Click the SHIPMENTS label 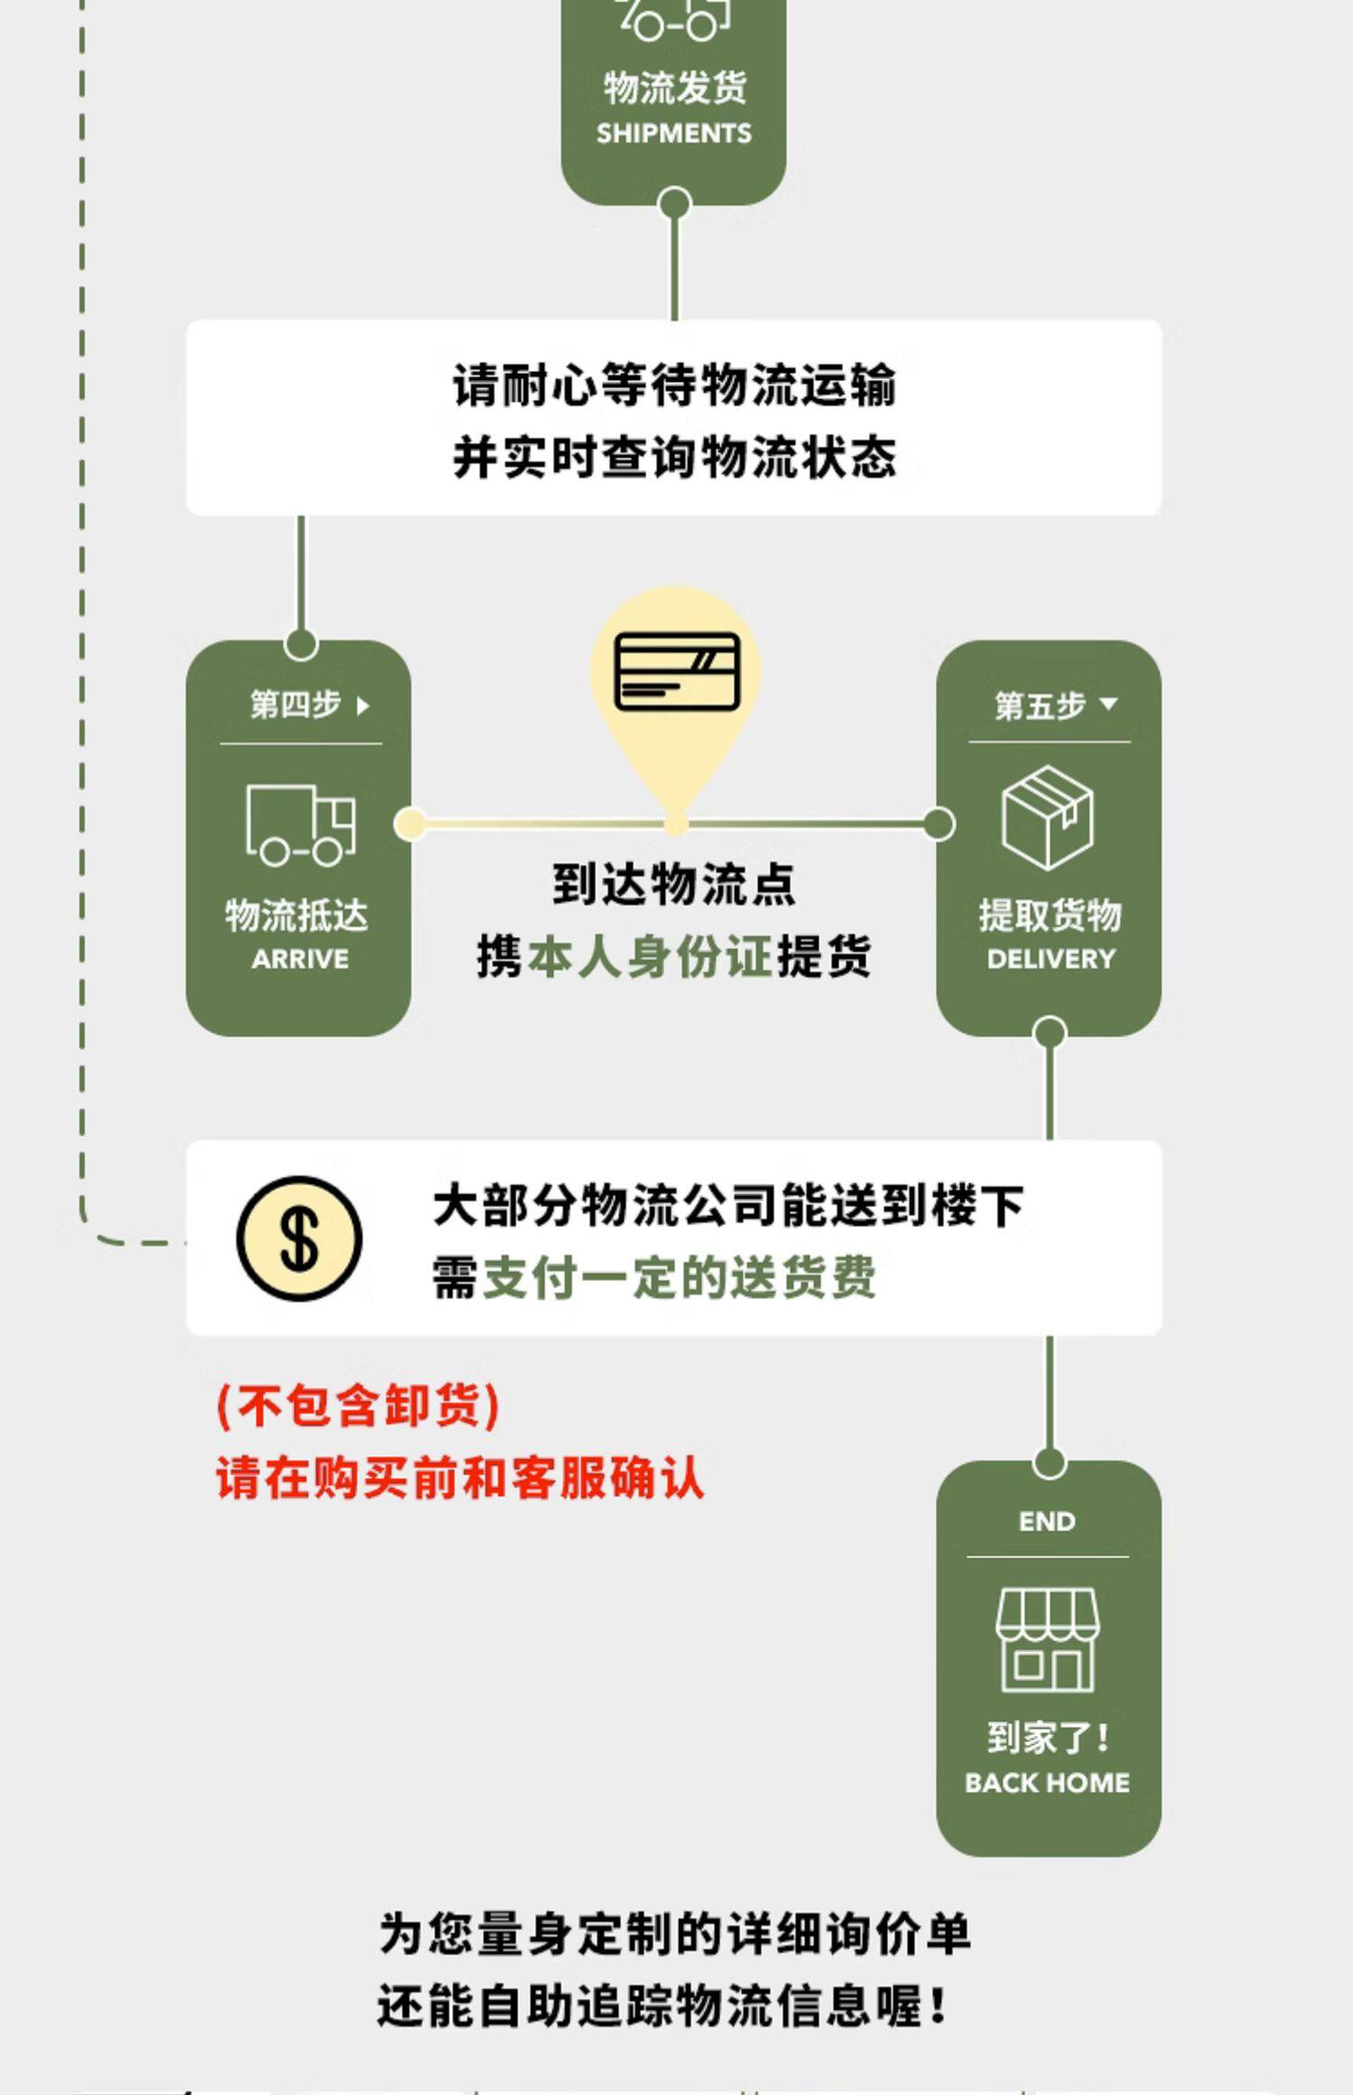674,134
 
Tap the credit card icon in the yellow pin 676,671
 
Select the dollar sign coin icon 299,1239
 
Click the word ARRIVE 299,958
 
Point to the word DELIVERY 1051,958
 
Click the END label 1047,1522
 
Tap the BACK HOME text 1047,1783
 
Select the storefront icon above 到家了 1047,1639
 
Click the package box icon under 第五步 1047,817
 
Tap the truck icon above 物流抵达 300,825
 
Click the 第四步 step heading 296,705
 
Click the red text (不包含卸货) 358,1406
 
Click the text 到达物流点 674,884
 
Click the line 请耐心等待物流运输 674,385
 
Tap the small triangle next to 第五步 1109,704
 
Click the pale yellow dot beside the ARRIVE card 410,824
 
